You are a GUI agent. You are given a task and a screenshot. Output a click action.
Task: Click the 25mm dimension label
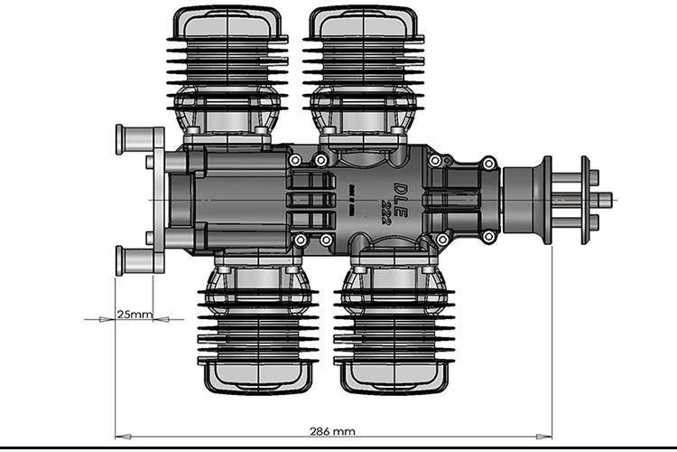pos(134,315)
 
